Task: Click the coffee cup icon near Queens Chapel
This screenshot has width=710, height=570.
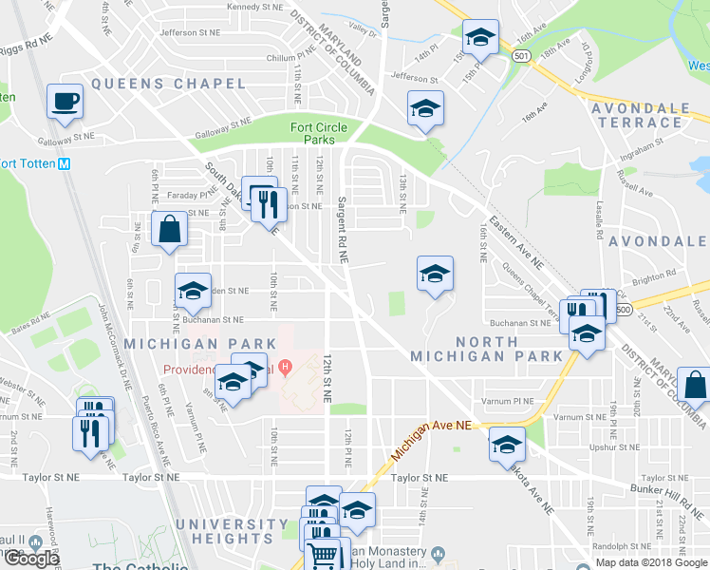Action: [65, 101]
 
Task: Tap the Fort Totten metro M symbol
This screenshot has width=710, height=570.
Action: [64, 162]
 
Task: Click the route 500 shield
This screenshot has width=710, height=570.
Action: [623, 310]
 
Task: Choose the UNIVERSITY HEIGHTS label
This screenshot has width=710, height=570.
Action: [226, 531]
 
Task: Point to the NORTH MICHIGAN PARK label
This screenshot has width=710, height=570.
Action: [486, 349]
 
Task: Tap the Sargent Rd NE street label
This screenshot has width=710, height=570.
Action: [342, 230]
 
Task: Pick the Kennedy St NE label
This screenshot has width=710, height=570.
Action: [255, 7]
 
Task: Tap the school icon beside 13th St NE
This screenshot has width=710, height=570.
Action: [425, 110]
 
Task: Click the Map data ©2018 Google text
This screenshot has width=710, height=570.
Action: [650, 562]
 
